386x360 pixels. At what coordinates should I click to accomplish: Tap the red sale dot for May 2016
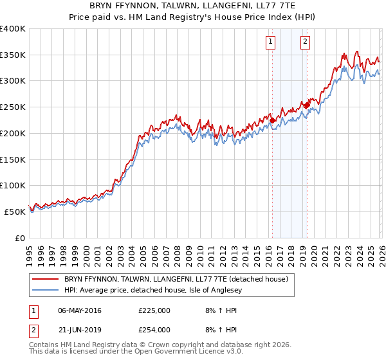(272, 120)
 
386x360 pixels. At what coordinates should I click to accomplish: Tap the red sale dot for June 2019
(308, 105)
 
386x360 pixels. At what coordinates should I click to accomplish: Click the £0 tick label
(19, 239)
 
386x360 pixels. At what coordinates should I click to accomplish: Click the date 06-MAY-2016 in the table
(79, 310)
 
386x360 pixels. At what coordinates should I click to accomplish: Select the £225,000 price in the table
(154, 310)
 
